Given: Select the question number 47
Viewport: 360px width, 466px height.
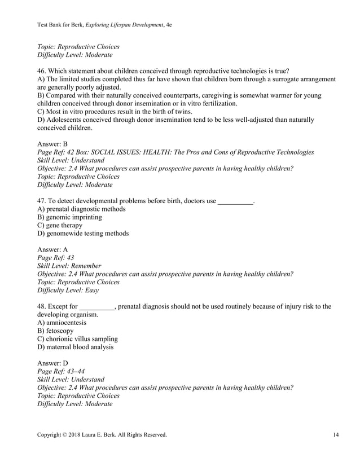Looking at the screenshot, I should point(42,201).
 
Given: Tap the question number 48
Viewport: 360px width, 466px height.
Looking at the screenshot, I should point(42,306).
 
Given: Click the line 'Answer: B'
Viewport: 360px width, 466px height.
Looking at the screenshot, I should point(52,144).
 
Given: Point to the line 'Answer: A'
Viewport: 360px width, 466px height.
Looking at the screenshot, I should point(52,249).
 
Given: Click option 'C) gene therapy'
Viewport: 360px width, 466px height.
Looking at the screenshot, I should point(59,225).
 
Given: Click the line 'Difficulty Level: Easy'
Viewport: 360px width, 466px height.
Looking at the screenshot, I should point(68,290).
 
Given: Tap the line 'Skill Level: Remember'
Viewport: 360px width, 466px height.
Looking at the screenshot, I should point(69,266).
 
